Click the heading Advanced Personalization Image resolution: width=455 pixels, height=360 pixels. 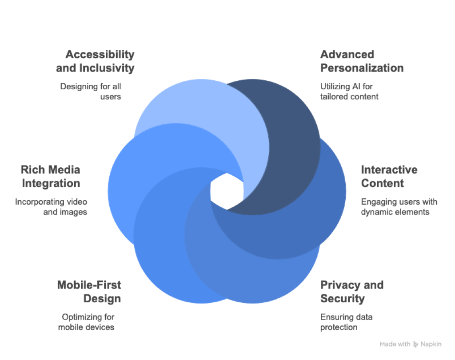point(362,61)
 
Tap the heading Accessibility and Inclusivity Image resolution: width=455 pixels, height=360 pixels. point(95,61)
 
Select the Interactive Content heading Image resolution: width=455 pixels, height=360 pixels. point(389,176)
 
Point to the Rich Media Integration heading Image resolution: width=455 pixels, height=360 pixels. point(51,176)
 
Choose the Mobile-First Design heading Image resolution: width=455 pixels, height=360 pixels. point(89,291)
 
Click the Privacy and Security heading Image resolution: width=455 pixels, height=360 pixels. point(351,291)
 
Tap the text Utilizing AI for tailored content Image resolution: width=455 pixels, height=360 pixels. point(349,91)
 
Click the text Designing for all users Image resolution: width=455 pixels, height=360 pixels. point(91,91)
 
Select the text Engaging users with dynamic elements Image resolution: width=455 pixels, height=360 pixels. point(399,207)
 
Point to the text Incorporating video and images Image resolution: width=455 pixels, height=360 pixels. point(51,207)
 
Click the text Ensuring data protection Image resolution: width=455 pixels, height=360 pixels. point(346,322)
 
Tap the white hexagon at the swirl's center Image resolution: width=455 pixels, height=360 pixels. point(227,191)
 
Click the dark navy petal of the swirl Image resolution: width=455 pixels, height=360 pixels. point(289,133)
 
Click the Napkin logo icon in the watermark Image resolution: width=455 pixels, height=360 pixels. point(416,344)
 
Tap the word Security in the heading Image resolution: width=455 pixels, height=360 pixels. point(342,298)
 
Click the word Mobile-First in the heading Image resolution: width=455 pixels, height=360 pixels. point(89,285)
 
